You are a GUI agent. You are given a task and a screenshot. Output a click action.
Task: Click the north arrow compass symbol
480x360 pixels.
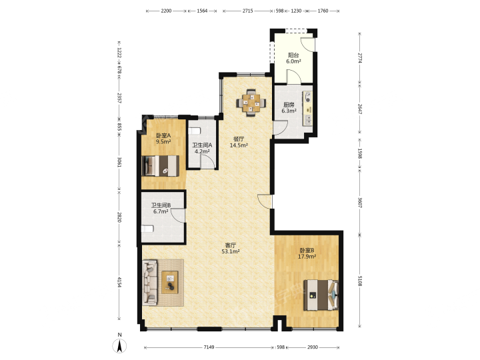click(x=120, y=346)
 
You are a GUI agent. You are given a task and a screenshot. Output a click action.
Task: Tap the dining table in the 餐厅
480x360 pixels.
click(x=251, y=103)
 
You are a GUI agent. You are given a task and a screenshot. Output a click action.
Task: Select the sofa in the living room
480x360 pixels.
click(x=150, y=283)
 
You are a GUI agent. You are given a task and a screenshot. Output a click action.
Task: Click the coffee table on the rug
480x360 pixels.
click(x=170, y=282)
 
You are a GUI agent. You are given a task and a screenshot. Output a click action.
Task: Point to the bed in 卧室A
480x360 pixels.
click(x=161, y=166)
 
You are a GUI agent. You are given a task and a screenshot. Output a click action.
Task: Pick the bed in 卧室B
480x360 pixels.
click(x=321, y=295)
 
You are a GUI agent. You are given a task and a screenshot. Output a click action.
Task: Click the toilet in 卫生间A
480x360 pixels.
click(x=194, y=131)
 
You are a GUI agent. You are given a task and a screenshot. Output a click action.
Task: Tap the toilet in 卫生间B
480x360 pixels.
click(x=147, y=229)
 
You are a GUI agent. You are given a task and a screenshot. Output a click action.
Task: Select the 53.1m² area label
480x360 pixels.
click(x=231, y=251)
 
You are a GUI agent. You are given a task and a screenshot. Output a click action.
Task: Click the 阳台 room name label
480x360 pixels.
click(x=293, y=55)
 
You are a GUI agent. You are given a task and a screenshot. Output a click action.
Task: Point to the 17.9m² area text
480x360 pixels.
click(x=307, y=257)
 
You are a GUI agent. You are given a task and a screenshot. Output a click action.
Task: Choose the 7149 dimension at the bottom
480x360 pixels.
click(x=209, y=347)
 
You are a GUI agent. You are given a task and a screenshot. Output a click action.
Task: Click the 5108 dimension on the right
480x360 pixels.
click(x=360, y=281)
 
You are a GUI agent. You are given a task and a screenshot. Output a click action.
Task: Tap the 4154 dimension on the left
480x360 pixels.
click(x=119, y=282)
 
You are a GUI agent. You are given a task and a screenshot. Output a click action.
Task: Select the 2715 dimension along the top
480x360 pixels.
click(x=247, y=11)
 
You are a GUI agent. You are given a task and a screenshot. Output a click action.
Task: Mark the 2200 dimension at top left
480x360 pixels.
click(x=166, y=11)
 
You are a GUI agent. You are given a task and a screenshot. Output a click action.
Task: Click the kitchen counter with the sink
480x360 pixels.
click(x=307, y=108)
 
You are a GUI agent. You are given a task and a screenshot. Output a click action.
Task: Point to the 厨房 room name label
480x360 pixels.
click(x=289, y=105)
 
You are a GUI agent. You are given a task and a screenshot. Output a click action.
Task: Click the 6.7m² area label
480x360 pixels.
click(x=161, y=211)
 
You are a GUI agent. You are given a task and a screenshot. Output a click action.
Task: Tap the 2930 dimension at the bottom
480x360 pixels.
click(x=313, y=347)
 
